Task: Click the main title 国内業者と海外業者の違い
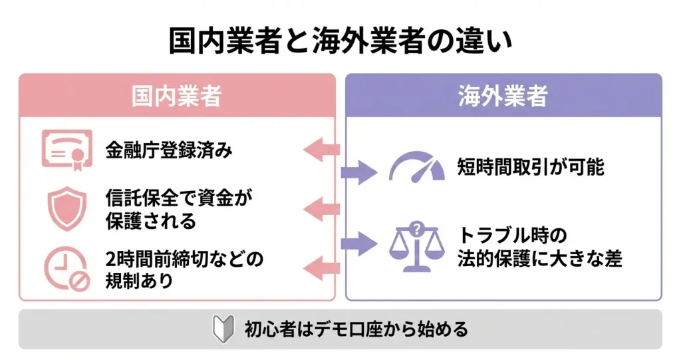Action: pyautogui.click(x=340, y=41)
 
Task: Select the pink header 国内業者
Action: pyautogui.click(x=176, y=96)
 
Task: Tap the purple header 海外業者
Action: pyautogui.click(x=503, y=96)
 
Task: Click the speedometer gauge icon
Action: pyautogui.click(x=416, y=167)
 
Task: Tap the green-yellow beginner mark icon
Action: pyautogui.click(x=223, y=329)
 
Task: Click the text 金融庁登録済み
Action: pyautogui.click(x=169, y=150)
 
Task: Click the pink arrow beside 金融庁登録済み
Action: pyautogui.click(x=322, y=150)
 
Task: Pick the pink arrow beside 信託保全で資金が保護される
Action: pyautogui.click(x=322, y=209)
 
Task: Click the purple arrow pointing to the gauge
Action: pyautogui.click(x=359, y=172)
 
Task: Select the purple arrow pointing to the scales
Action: pyautogui.click(x=359, y=242)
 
